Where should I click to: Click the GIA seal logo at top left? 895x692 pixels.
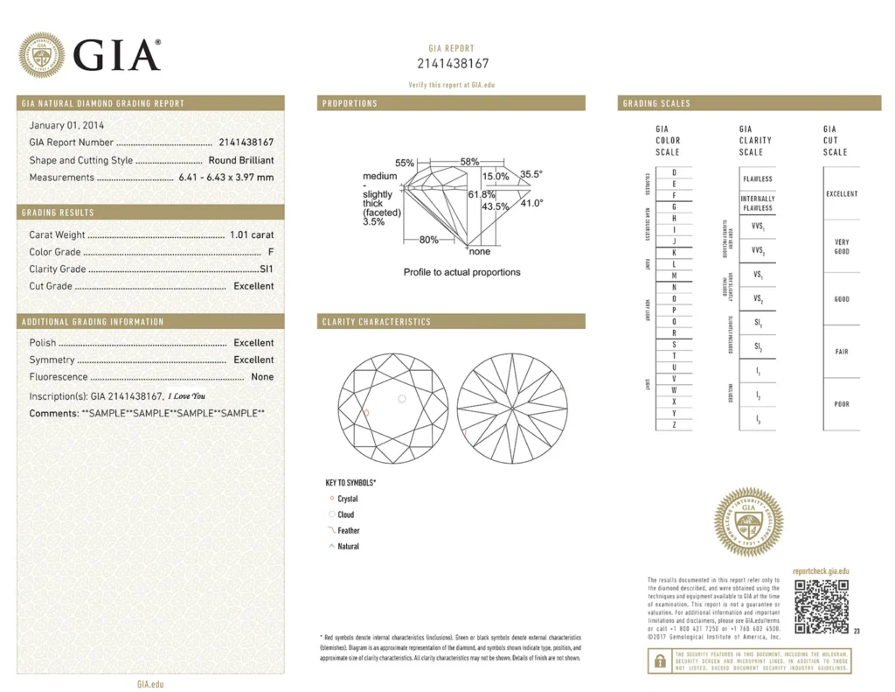(42, 54)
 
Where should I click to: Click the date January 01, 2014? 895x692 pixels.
(66, 125)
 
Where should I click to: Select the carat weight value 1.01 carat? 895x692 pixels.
(252, 234)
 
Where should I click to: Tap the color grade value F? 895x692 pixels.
(271, 252)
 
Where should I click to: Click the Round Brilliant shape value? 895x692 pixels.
(240, 160)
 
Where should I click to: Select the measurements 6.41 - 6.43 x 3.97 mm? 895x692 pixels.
(225, 177)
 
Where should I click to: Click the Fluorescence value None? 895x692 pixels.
(262, 377)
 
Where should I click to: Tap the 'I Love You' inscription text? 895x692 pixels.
(186, 396)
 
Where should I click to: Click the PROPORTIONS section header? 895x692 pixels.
(350, 103)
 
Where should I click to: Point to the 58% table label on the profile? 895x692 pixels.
(470, 162)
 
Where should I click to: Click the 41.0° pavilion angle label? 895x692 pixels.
(531, 203)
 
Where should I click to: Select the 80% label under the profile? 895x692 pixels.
(429, 240)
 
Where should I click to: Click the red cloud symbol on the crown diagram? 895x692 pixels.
(401, 398)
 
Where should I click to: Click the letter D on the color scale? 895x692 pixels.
(674, 173)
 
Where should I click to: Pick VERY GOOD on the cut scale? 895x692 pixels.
(842, 247)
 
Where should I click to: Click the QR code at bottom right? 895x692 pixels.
(821, 606)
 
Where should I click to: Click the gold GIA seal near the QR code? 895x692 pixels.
(748, 523)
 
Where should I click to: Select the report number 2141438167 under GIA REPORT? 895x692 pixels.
(452, 64)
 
